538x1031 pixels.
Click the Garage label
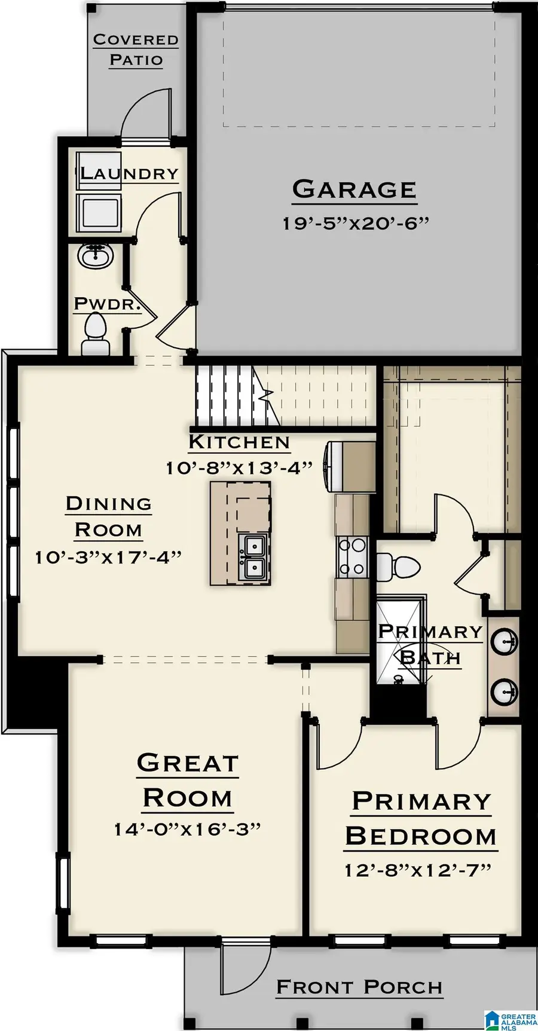354,189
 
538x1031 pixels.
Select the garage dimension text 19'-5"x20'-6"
356,223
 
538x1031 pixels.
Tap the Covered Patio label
136,50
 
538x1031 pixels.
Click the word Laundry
130,174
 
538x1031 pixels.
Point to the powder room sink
95,257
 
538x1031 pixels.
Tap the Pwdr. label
107,304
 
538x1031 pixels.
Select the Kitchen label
239,442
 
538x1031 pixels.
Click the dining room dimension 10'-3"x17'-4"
108,557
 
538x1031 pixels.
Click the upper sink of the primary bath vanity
504,643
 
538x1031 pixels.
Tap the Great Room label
187,781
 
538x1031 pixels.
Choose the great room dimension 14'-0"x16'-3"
187,829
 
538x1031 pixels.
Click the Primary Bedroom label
421,819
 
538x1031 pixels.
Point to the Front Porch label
359,987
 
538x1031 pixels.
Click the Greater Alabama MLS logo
510,1020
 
